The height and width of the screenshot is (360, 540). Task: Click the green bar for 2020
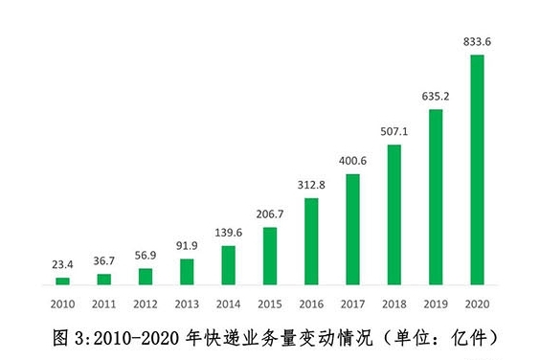point(476,169)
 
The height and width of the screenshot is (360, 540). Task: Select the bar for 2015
point(269,256)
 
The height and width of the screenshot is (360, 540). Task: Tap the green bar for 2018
point(394,214)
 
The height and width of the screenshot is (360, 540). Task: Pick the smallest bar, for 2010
point(62,281)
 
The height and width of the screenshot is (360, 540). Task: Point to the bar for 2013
point(187,272)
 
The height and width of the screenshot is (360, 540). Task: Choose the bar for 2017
point(352,230)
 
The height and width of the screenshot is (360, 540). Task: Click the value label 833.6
point(476,42)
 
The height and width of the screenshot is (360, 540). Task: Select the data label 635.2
point(435,97)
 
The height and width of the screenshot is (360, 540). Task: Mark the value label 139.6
point(228,234)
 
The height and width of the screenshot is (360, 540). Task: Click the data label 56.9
point(146,257)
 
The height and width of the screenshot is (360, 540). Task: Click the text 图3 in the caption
point(63,338)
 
